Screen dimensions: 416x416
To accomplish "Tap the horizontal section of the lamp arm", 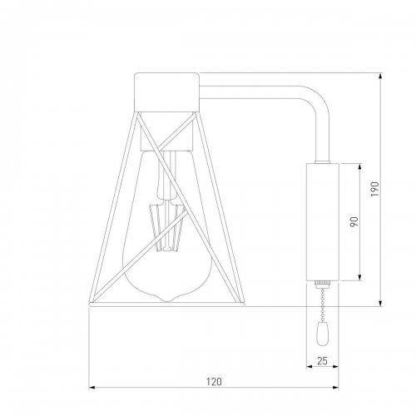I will (x=250, y=82).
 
